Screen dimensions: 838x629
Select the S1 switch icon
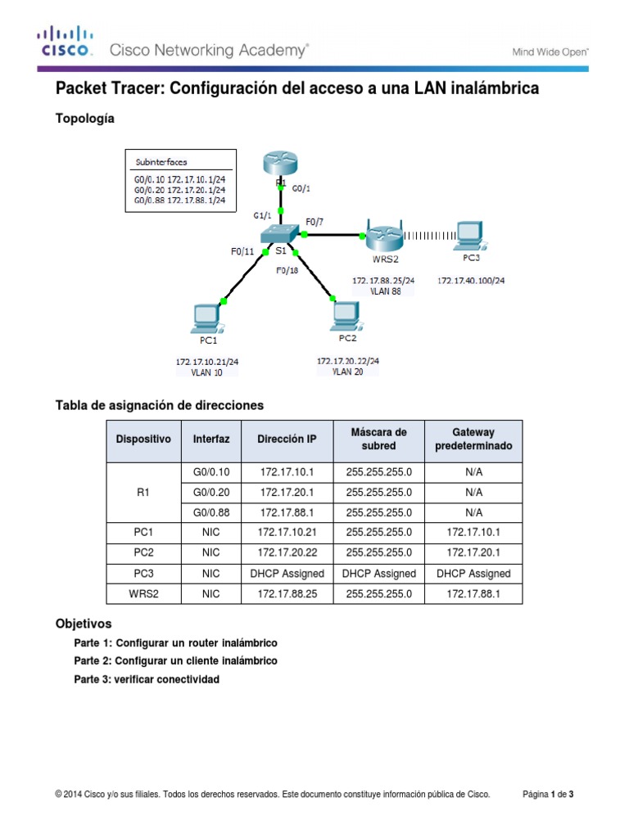[281, 235]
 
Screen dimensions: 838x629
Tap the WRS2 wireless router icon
[383, 239]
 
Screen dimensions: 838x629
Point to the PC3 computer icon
[470, 235]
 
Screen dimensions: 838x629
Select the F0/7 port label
[315, 221]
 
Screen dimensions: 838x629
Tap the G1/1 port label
[264, 216]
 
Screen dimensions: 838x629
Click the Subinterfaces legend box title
[161, 162]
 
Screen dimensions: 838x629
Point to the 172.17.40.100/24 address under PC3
[470, 281]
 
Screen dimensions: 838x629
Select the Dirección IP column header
[287, 439]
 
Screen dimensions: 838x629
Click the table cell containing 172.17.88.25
[287, 593]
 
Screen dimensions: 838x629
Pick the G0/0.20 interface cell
[211, 493]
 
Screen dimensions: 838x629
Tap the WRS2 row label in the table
[143, 593]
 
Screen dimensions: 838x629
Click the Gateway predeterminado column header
[473, 439]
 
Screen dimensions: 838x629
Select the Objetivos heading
[83, 624]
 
